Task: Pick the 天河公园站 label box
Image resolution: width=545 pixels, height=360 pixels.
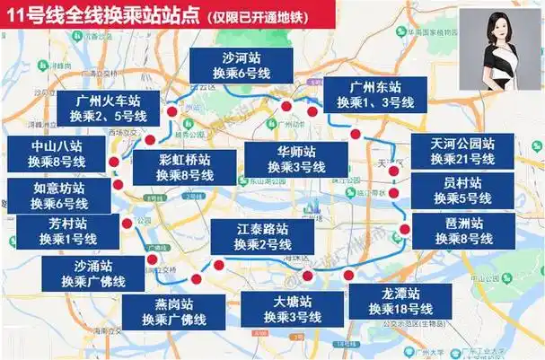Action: (x=462, y=151)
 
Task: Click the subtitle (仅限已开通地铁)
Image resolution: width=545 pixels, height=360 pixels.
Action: (x=269, y=15)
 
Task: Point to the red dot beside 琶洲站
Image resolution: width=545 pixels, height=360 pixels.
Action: (x=405, y=229)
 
